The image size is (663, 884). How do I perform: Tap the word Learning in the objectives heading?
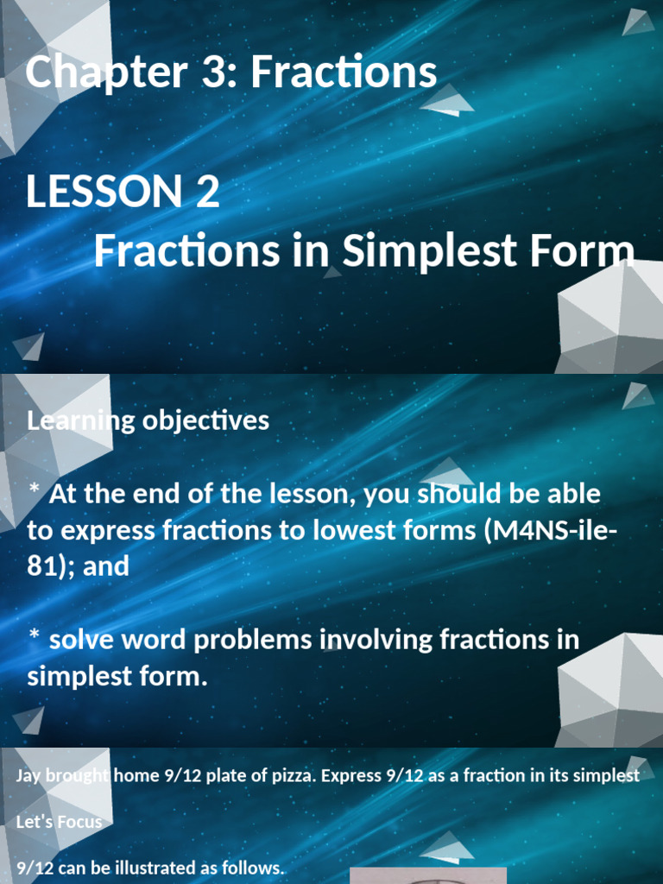(69, 421)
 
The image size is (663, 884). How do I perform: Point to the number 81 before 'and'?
(41, 566)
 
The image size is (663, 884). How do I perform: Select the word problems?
(254, 640)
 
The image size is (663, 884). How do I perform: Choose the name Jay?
(28, 775)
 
